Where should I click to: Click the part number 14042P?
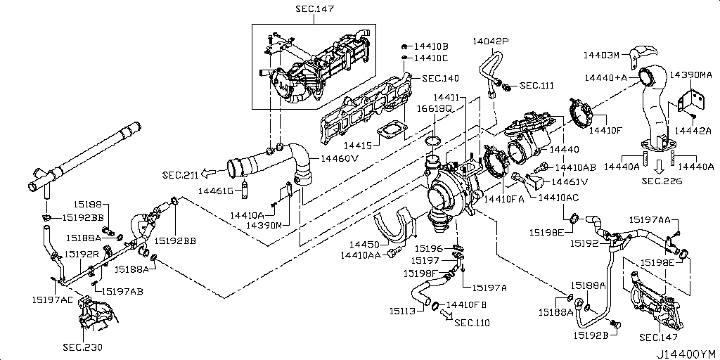tap(491, 41)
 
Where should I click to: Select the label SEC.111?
tap(536, 86)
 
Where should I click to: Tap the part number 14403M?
tap(602, 54)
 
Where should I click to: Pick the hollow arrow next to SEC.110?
tap(447, 316)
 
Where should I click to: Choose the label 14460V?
tap(340, 159)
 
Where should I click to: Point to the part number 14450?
tap(365, 244)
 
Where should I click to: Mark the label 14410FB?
tap(467, 304)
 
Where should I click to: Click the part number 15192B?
tap(591, 335)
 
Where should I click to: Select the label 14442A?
tap(693, 130)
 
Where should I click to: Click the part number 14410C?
tap(430, 58)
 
